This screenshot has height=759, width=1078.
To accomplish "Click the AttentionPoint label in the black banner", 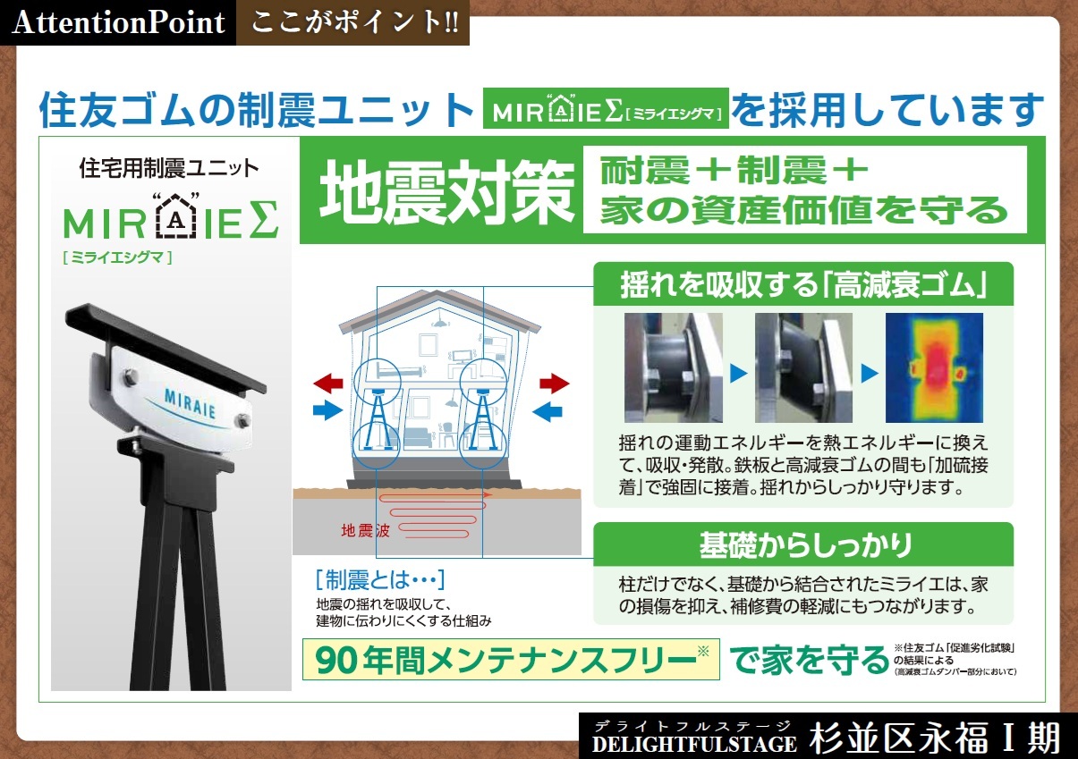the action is pyautogui.click(x=118, y=22).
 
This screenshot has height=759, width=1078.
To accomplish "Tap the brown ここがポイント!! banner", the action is pyautogui.click(x=352, y=22).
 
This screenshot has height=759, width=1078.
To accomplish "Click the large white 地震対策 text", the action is pyautogui.click(x=446, y=192).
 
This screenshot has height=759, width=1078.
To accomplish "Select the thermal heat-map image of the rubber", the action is pyautogui.click(x=934, y=367).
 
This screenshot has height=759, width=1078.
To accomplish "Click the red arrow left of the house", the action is pyautogui.click(x=327, y=383).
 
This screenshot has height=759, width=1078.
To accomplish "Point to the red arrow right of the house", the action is pyautogui.click(x=555, y=384).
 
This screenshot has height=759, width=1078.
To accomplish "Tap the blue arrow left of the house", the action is pyautogui.click(x=327, y=410).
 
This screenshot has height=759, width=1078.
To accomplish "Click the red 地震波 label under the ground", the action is pyautogui.click(x=365, y=530).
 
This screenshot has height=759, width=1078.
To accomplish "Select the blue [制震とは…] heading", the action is pyautogui.click(x=380, y=580).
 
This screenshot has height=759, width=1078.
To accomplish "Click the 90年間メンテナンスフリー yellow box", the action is pyautogui.click(x=511, y=659).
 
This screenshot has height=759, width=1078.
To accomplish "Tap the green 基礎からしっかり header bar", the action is pyautogui.click(x=803, y=544).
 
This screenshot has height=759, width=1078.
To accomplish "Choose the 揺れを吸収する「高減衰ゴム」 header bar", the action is pyautogui.click(x=803, y=283).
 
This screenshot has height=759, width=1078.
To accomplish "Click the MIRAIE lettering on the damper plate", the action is pyautogui.click(x=190, y=403).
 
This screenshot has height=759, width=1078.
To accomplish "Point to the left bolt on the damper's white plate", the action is pyautogui.click(x=130, y=376).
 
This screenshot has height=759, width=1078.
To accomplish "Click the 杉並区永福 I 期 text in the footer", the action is pyautogui.click(x=934, y=738).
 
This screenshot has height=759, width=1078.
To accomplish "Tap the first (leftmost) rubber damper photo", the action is pyautogui.click(x=674, y=367).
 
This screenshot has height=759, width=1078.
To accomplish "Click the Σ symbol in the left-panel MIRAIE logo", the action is pyautogui.click(x=264, y=220).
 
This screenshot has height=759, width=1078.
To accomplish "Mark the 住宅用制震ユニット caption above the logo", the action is pyautogui.click(x=169, y=168).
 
